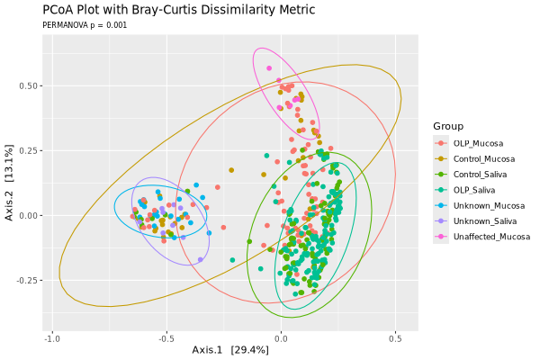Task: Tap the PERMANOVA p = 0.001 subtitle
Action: click(85, 25)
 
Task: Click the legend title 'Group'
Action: click(447, 126)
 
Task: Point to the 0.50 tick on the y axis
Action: click(30, 86)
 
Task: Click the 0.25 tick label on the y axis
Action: click(30, 151)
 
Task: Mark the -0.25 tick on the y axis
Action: click(28, 280)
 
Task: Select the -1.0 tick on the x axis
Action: click(53, 338)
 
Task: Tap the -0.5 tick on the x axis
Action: click(166, 338)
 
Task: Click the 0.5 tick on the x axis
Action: click(395, 338)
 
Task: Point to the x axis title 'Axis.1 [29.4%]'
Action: click(230, 349)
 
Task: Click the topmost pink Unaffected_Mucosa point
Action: click(268, 67)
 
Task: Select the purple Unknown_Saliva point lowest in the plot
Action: click(201, 259)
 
